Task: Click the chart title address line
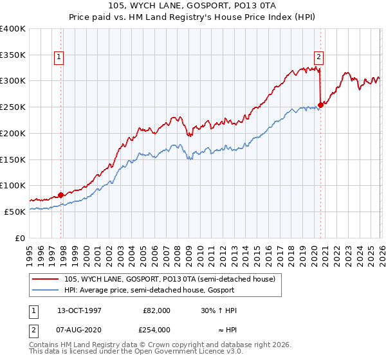[192, 6]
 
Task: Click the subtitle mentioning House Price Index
[192, 17]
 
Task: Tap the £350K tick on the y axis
[13, 55]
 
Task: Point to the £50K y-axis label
[15, 212]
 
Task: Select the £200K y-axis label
[13, 133]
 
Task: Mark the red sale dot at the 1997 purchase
[61, 195]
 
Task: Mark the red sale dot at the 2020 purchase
[320, 105]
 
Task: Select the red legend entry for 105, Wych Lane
[170, 279]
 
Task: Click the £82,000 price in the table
[156, 310]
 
